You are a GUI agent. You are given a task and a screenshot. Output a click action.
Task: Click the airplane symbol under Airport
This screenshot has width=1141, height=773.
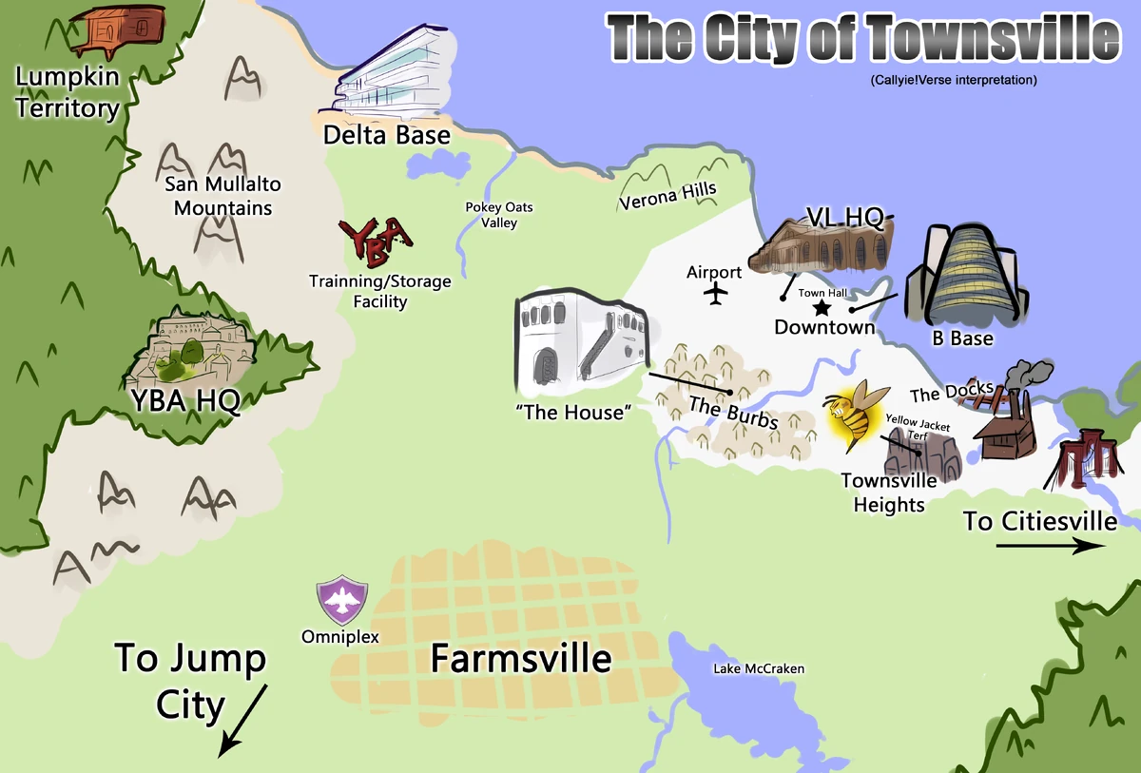(715, 294)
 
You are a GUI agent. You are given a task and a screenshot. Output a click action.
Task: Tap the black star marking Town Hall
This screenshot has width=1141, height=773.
(822, 308)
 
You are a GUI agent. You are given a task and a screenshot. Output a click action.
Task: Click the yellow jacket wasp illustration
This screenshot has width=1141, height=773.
(857, 415)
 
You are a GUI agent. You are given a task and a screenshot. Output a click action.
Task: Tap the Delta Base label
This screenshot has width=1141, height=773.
(386, 135)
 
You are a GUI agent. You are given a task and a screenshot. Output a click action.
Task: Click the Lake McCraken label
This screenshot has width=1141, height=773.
(759, 669)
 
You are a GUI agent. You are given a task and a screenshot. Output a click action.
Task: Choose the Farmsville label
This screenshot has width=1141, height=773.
(521, 658)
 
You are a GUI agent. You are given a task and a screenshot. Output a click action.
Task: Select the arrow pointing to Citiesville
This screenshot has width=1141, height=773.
(1050, 546)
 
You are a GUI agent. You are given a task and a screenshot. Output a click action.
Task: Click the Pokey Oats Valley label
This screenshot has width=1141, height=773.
(499, 215)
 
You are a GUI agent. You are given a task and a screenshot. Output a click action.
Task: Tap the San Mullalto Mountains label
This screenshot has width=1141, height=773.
(222, 196)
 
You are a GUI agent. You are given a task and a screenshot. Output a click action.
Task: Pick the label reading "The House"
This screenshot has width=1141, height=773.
(572, 413)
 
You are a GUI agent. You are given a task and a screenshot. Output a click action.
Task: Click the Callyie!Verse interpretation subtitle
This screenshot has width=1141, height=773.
(953, 81)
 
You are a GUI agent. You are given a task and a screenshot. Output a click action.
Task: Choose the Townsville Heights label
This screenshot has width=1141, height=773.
(889, 493)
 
